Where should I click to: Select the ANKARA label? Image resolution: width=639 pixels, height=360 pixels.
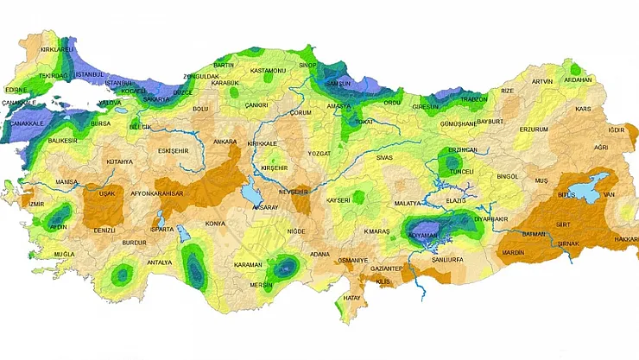tap(225, 141)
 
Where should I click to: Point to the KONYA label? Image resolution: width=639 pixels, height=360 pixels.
tap(215, 224)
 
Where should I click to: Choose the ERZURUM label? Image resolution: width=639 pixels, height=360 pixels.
tap(533, 129)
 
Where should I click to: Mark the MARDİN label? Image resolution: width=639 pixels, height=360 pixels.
tap(513, 253)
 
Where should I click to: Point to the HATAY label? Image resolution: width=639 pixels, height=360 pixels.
tap(352, 299)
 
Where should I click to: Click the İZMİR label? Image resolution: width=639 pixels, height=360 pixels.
tap(35, 205)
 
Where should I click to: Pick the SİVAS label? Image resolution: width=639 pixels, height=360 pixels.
tap(384, 158)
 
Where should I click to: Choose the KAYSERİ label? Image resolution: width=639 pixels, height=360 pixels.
tap(338, 200)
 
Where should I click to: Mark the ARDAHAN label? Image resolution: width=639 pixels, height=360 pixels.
tap(577, 80)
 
